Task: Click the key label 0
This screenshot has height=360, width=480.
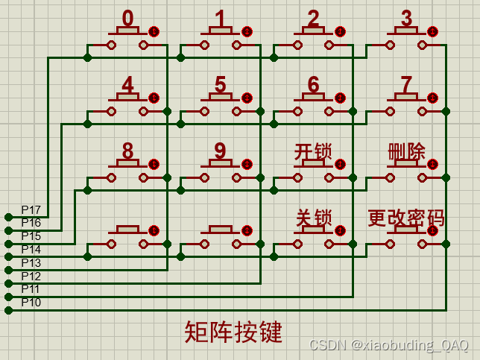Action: [x=128, y=18]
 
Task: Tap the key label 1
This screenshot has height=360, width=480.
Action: [x=220, y=18]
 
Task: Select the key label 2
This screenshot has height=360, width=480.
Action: [x=313, y=18]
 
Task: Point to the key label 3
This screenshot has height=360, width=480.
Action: [x=406, y=18]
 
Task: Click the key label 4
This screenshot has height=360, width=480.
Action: [x=128, y=85]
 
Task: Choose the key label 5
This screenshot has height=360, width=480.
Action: [x=220, y=85]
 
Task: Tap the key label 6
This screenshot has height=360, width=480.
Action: [x=313, y=85]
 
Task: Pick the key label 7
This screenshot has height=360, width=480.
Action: [x=406, y=85]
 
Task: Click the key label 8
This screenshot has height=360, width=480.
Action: [x=128, y=151]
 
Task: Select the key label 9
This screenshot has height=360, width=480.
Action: [x=220, y=151]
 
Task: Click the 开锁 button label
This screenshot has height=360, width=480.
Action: [x=313, y=152]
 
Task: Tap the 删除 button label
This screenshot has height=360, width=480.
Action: [x=406, y=152]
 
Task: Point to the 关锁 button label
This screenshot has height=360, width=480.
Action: [x=313, y=218]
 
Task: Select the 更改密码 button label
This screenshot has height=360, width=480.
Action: [x=406, y=218]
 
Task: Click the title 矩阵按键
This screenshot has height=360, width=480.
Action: [x=233, y=332]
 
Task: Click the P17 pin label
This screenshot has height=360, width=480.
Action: [x=31, y=209]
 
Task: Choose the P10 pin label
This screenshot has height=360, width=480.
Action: [x=31, y=302]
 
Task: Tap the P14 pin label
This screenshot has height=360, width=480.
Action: [x=31, y=249]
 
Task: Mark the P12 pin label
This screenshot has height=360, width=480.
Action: [x=31, y=276]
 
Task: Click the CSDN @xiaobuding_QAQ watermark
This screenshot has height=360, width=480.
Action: [x=388, y=345]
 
